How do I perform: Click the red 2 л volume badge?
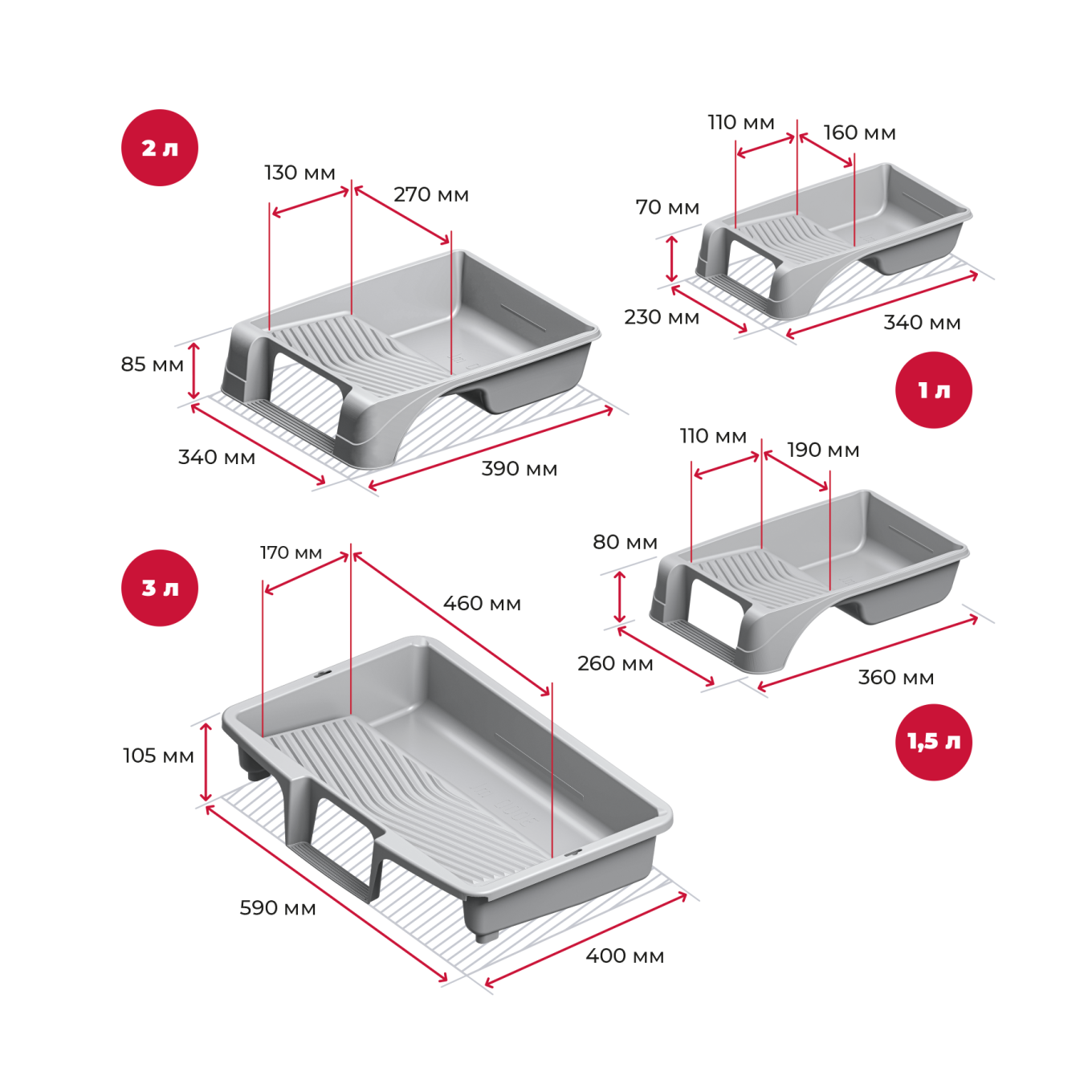point(160,148)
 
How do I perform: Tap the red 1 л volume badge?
point(933,390)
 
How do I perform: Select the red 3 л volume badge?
point(160,588)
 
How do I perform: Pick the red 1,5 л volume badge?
point(933,742)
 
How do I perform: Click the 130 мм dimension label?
point(299,173)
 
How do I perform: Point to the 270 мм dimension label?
point(431,194)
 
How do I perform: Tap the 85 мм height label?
point(152,365)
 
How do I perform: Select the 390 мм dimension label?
point(519,469)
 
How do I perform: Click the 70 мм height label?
point(667,207)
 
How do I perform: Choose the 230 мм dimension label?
point(662,317)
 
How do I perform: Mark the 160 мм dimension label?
point(859,132)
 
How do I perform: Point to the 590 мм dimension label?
point(278,908)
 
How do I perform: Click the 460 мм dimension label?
point(482,603)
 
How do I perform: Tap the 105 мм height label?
point(158,756)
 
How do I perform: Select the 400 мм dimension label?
point(625,955)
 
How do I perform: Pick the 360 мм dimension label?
point(895,678)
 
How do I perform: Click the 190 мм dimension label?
point(823,450)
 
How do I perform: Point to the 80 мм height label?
point(625,542)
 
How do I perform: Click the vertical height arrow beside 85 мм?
point(194,370)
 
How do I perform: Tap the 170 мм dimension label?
point(291,552)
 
